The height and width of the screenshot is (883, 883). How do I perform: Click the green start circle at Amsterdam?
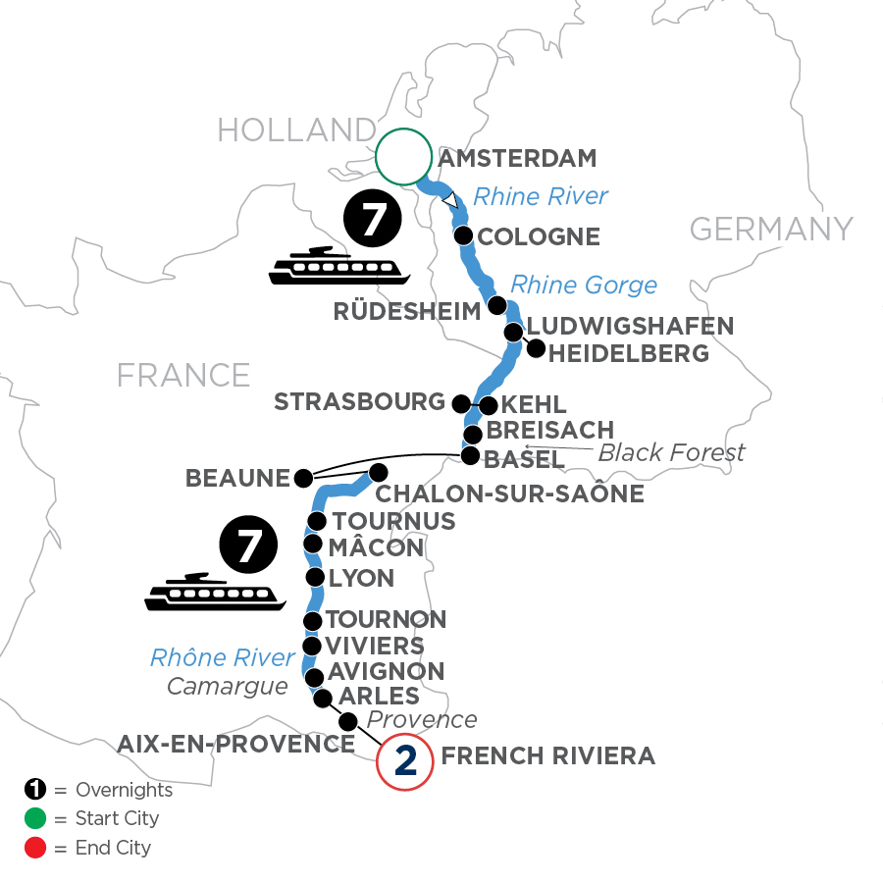tap(403, 157)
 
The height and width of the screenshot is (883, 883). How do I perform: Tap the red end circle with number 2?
tap(404, 761)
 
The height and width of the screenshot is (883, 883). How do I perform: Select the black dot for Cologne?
tap(463, 235)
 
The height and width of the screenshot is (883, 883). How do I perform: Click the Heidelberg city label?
tap(629, 353)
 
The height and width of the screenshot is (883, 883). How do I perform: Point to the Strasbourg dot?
tap(459, 402)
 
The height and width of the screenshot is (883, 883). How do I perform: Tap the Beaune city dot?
tap(302, 479)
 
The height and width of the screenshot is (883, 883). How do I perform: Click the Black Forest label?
tap(671, 452)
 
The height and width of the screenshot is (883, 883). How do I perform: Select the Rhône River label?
tap(223, 657)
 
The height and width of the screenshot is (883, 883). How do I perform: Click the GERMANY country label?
tap(771, 230)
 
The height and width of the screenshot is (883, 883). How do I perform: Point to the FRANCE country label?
tap(183, 375)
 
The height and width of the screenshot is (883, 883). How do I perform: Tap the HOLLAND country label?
tap(296, 130)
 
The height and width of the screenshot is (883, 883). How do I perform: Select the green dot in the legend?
tap(33, 818)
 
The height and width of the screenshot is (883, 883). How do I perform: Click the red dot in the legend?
tap(33, 847)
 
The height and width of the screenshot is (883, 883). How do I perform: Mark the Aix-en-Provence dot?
tap(347, 722)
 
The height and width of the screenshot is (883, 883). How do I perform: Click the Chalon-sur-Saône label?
tap(509, 493)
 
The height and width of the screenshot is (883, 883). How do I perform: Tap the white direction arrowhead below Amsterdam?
tap(450, 200)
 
